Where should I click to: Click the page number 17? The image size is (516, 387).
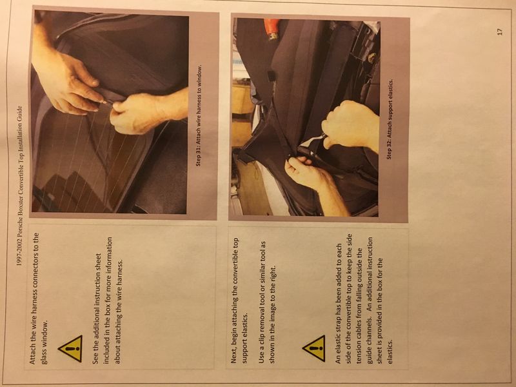[x=500, y=32]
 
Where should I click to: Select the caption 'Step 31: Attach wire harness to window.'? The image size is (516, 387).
[x=199, y=116]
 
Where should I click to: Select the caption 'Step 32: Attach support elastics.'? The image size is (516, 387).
[x=390, y=119]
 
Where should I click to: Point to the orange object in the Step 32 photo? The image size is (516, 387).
[x=272, y=29]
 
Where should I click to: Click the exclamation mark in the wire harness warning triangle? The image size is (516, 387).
[x=71, y=350]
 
